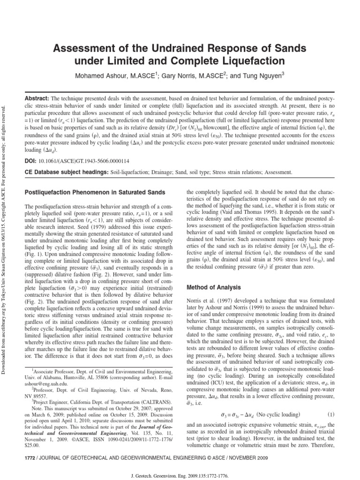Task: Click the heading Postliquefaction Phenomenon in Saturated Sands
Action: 94,193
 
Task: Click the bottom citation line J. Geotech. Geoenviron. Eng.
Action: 180,474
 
